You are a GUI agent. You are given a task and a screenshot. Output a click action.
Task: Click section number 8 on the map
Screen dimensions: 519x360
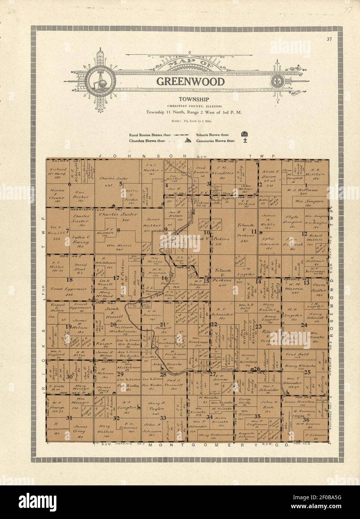pos(118,230)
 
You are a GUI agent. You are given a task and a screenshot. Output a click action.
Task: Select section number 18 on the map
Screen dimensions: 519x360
pos(69,279)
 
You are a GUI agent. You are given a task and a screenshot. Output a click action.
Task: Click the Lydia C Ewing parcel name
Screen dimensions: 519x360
pos(81,242)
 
